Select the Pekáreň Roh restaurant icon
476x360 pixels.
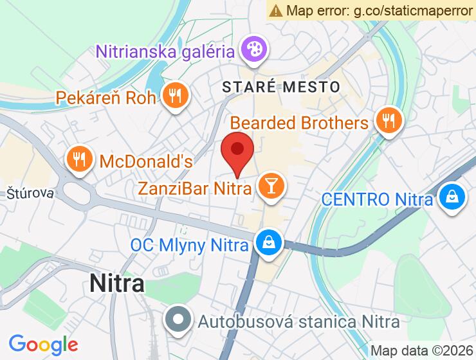[174, 97]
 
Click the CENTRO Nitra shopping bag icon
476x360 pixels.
[453, 197]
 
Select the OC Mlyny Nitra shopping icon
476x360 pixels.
[266, 243]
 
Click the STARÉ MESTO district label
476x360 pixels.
[280, 86]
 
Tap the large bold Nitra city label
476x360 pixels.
[117, 283]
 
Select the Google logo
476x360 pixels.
[43, 345]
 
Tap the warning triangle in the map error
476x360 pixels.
[277, 10]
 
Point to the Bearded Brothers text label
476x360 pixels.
[299, 122]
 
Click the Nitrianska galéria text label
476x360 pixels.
[164, 50]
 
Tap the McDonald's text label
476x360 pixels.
[145, 161]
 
